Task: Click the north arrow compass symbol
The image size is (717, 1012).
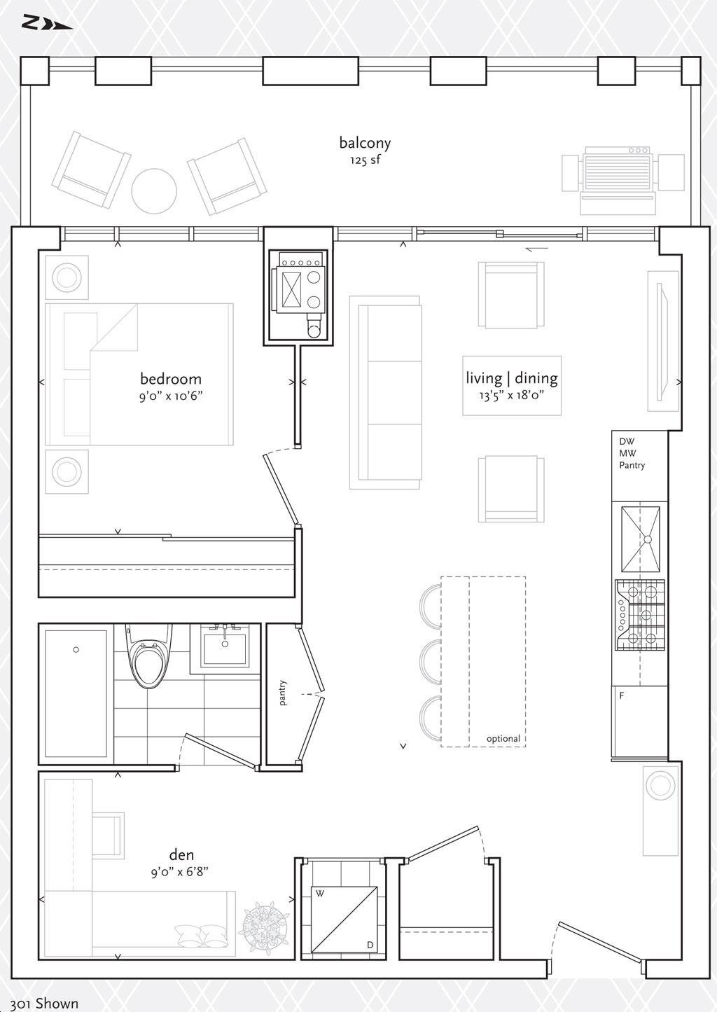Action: (x=47, y=23)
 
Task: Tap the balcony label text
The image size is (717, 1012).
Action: (x=365, y=143)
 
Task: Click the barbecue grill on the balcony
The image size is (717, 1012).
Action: (x=623, y=180)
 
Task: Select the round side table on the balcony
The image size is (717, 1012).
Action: (x=154, y=191)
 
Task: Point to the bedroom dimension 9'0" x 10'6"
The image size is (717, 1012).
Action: (x=171, y=396)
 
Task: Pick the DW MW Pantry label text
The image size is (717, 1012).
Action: (x=632, y=453)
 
